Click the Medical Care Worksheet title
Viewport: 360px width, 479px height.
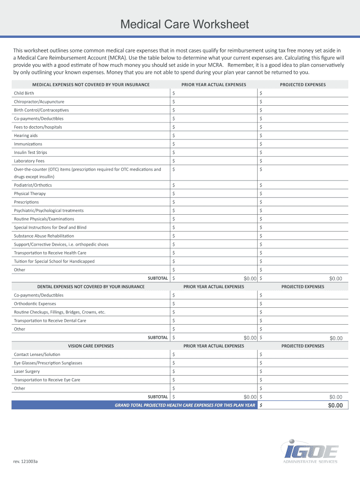pos(184,24)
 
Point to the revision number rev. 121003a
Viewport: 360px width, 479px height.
pos(26,461)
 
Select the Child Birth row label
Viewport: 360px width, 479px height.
pos(24,93)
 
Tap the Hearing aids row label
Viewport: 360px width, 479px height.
pos(26,135)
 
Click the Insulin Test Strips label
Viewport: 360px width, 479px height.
pos(30,152)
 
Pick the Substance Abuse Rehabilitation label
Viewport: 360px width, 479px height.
pos(44,236)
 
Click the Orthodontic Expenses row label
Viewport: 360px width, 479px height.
pos(35,304)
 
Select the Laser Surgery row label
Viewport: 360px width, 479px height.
pos(27,371)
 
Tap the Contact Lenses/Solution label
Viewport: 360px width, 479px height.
pos(37,355)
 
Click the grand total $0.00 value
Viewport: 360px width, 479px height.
pos(336,406)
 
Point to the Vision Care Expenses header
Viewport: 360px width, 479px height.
pos(91,346)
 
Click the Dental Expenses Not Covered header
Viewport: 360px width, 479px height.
pos(91,286)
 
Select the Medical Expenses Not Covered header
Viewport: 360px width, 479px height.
pos(91,85)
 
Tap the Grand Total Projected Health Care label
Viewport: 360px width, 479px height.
pos(185,406)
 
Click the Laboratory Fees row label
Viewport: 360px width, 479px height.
pos(29,161)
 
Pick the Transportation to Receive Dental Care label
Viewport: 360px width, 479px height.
pos(50,321)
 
